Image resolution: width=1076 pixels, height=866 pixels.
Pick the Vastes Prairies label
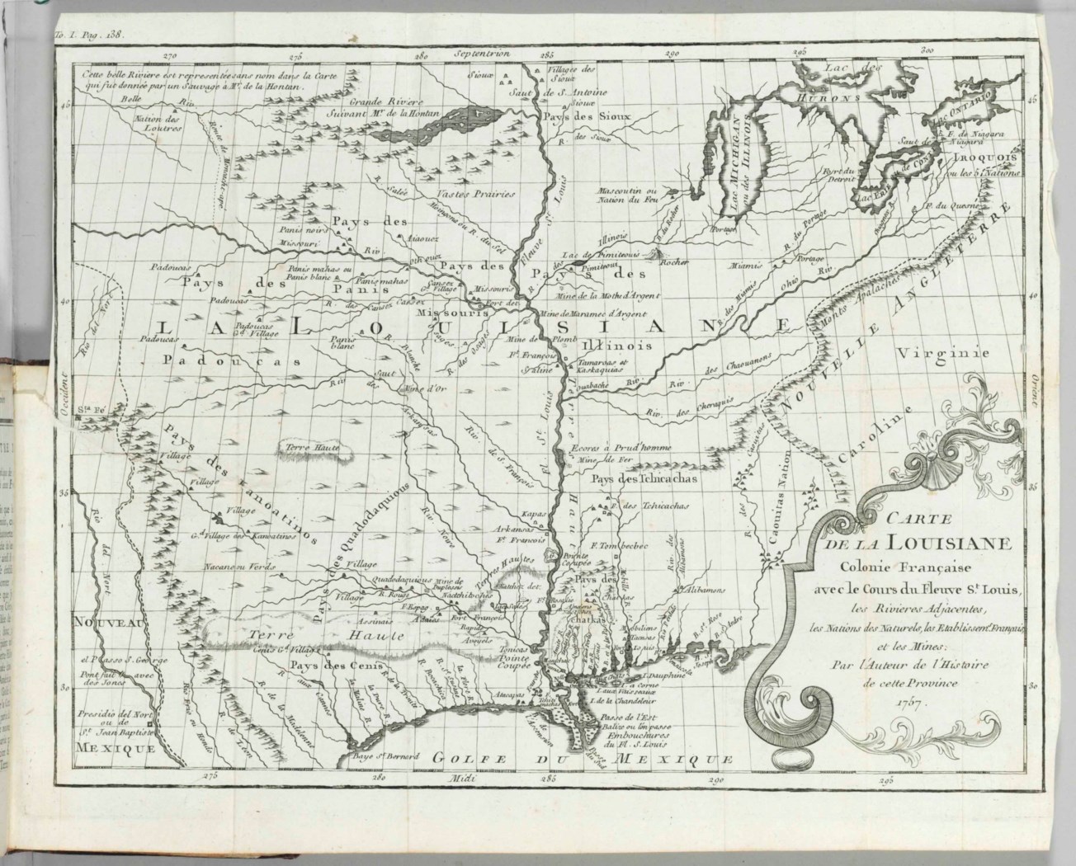click(474, 195)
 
